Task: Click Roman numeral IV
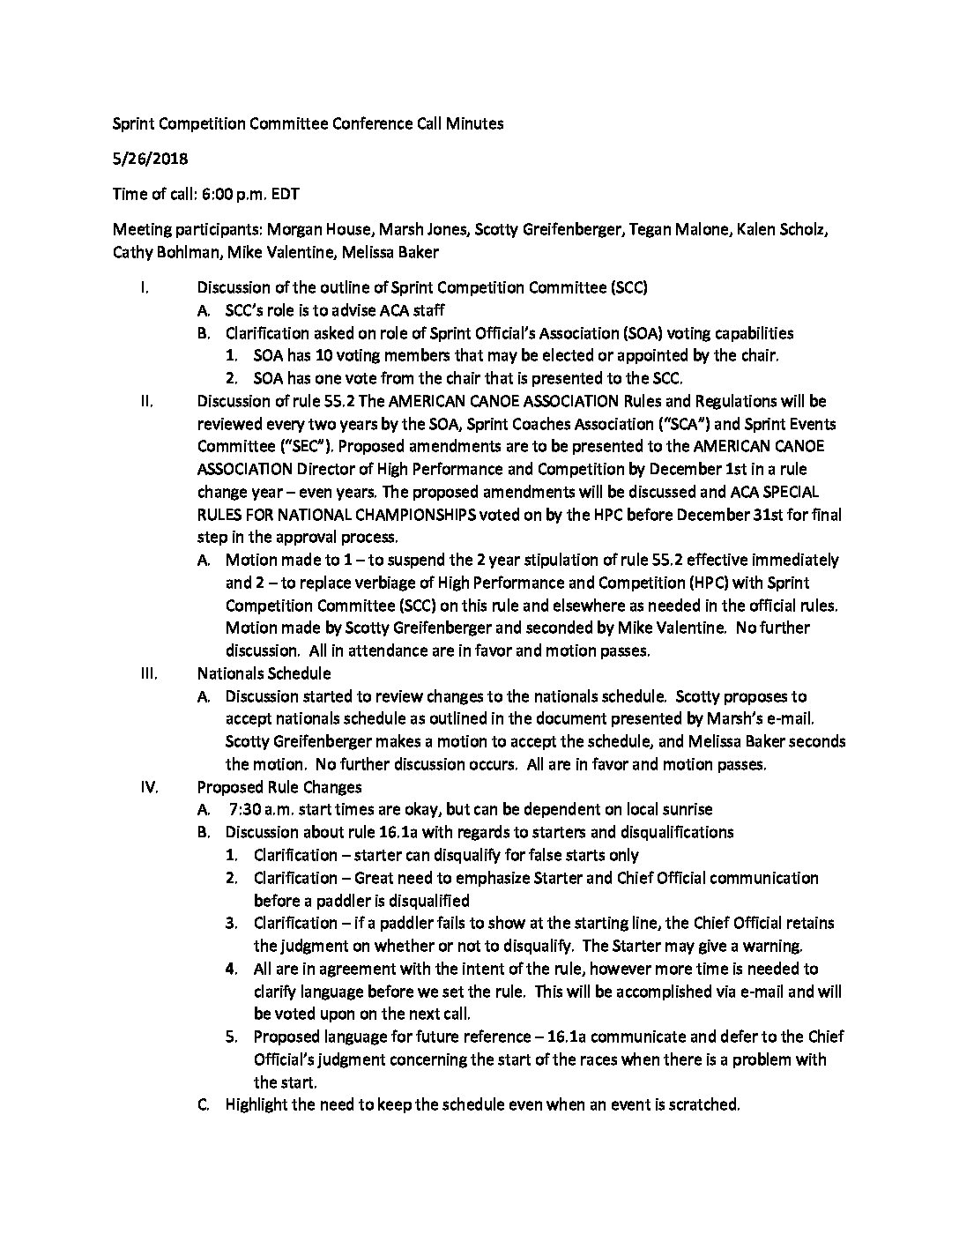149,787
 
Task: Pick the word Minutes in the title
476,123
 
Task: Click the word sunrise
686,810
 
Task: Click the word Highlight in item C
256,1104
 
